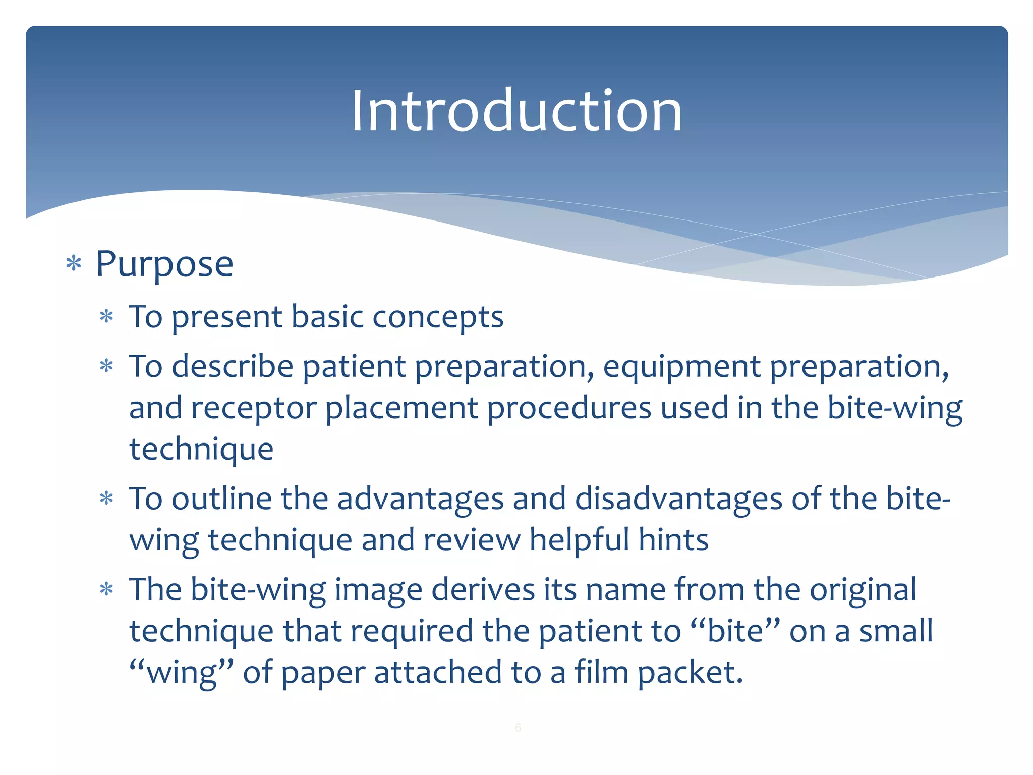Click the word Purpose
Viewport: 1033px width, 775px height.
pyautogui.click(x=164, y=264)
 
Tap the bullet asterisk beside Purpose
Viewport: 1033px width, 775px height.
pyautogui.click(x=74, y=263)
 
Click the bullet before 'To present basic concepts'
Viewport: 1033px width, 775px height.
pyautogui.click(x=106, y=317)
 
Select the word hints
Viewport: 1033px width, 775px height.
pyautogui.click(x=673, y=540)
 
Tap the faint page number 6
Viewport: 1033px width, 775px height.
pyautogui.click(x=518, y=728)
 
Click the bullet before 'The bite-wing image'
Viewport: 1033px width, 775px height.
pyautogui.click(x=106, y=589)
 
